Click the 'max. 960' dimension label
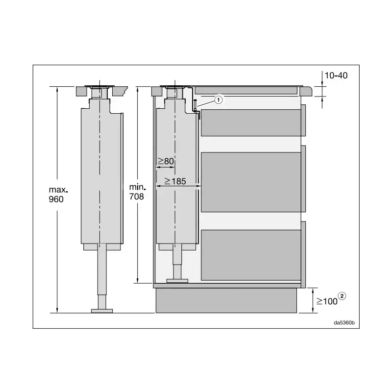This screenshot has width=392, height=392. tap(58, 195)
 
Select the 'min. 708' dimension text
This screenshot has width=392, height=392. tap(137, 192)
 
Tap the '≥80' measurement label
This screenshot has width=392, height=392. tap(166, 161)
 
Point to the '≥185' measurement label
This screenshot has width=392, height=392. tap(175, 181)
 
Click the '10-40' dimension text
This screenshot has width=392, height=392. tap(336, 75)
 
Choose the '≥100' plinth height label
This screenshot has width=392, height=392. tap(327, 301)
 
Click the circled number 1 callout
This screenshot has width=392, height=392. tap(219, 100)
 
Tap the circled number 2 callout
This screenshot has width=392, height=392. tap(342, 296)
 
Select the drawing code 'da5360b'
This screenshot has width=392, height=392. tap(344, 323)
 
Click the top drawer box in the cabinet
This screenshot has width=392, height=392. tap(251, 123)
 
